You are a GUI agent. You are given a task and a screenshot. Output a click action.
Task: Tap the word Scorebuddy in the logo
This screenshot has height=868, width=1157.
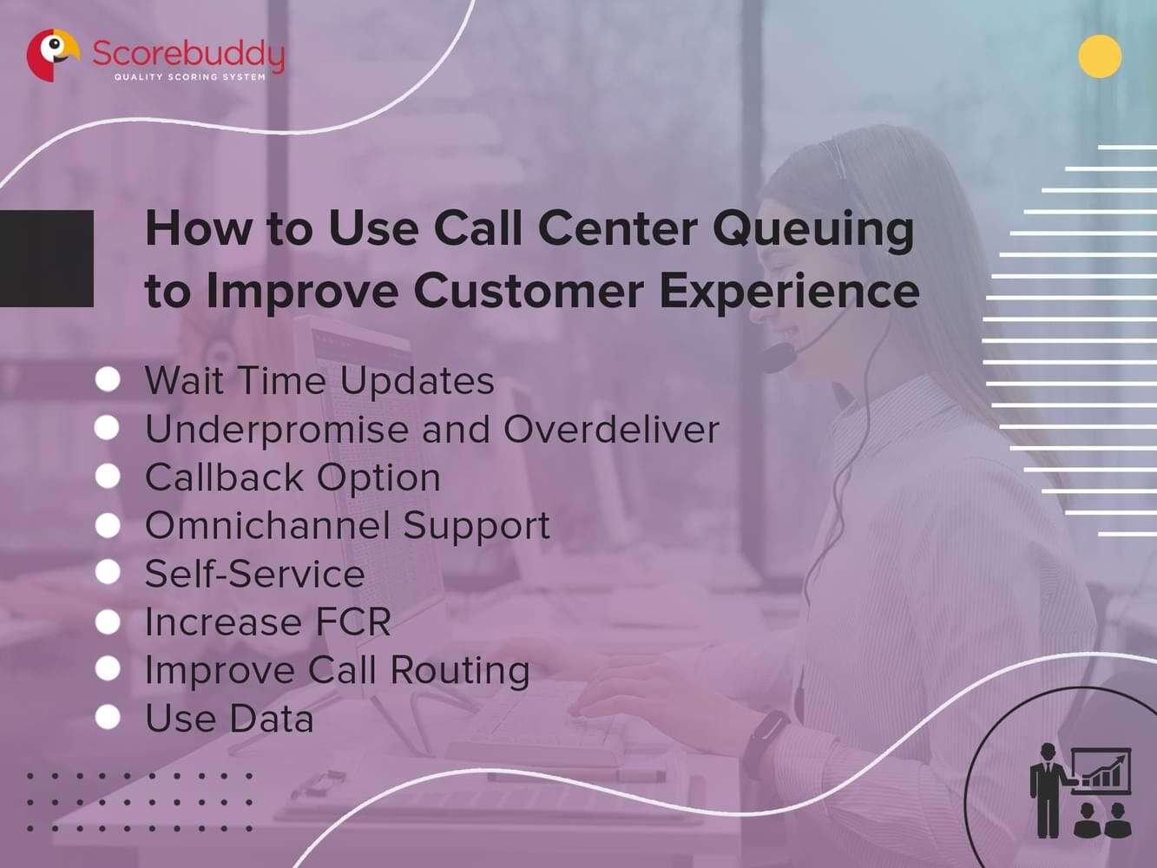click(188, 54)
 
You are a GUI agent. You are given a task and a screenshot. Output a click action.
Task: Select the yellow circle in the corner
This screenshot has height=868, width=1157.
click(1100, 57)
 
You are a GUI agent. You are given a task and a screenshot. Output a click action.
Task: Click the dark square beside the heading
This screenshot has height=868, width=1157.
click(46, 258)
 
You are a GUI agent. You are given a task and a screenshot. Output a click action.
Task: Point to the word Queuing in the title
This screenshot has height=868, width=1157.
click(813, 229)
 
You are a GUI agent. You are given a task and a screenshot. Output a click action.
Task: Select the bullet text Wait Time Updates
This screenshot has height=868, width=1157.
click(319, 381)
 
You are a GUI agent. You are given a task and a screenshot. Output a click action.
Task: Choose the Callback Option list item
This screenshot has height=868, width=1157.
click(293, 477)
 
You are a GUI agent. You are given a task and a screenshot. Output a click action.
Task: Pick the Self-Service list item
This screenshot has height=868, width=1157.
click(254, 574)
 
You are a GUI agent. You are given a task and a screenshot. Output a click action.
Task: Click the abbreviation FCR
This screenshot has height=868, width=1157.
click(352, 622)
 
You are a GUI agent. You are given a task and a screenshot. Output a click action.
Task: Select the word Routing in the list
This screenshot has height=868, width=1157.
click(459, 670)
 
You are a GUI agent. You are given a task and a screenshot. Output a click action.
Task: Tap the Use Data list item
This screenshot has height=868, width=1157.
click(229, 719)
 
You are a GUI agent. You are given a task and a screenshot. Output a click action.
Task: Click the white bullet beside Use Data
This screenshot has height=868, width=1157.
click(108, 717)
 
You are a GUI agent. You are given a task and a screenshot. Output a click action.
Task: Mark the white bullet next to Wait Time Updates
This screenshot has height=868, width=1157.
click(108, 379)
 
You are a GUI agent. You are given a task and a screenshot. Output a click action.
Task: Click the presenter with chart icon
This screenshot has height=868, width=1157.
click(1081, 791)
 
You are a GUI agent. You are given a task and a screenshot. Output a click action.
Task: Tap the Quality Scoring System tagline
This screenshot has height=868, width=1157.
click(190, 77)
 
